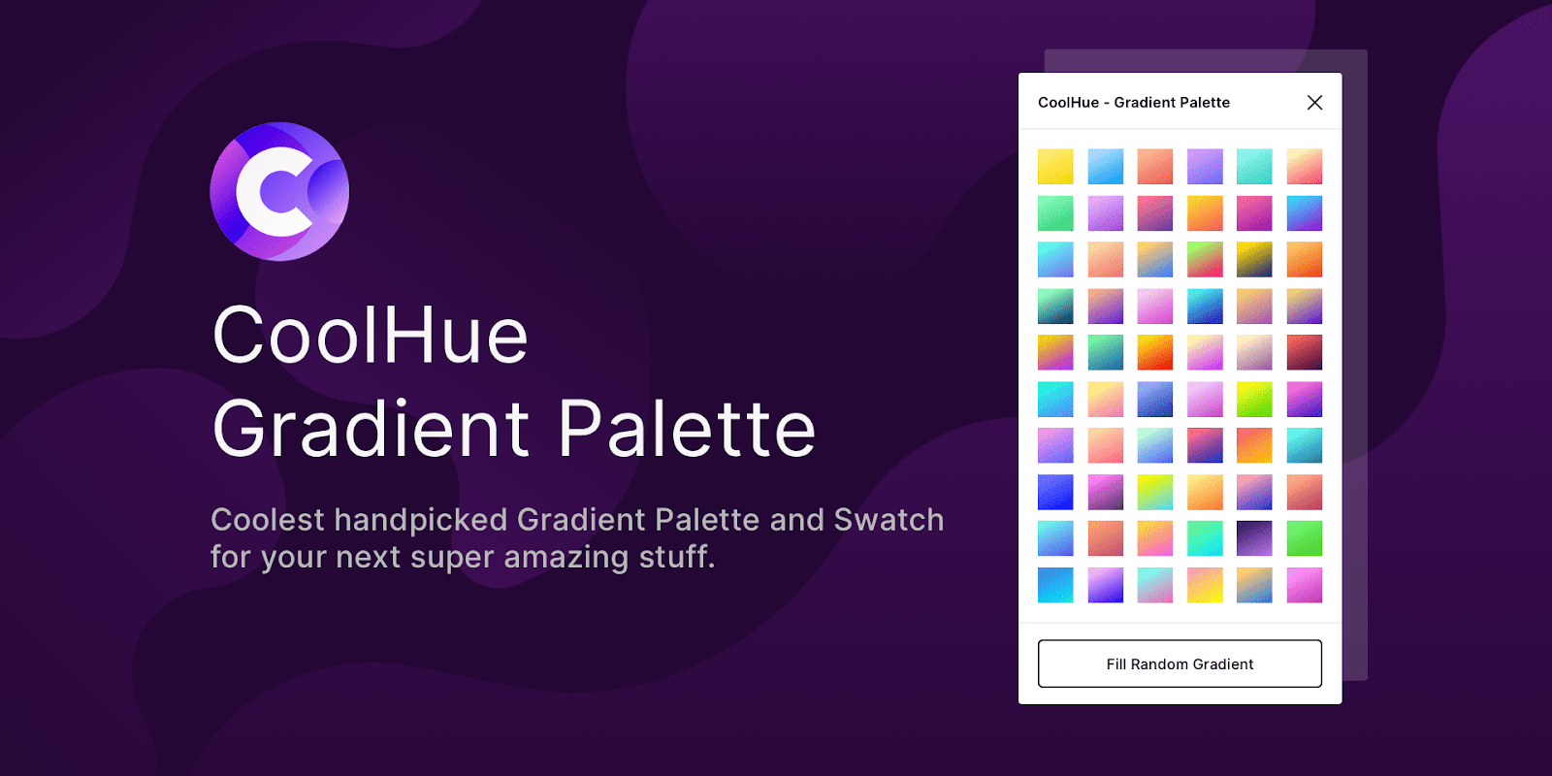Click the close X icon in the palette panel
coord(1314,102)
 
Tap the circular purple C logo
coord(279,191)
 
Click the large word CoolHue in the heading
coord(370,335)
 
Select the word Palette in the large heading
coord(687,429)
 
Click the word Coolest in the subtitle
coord(267,520)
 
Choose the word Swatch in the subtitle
coord(889,520)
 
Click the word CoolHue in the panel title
coord(1068,102)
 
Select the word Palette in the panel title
coord(1203,102)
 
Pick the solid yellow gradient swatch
coord(1055,166)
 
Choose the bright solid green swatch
coord(1304,538)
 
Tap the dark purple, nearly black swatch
coord(1254,538)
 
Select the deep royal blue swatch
coord(1055,492)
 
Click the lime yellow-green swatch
coord(1254,399)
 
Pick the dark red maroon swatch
coord(1304,352)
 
